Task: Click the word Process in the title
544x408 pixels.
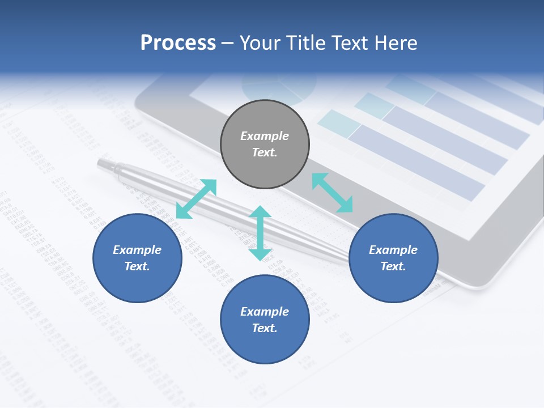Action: point(178,43)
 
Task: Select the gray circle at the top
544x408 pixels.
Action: point(265,144)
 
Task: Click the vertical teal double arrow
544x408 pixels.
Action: point(260,233)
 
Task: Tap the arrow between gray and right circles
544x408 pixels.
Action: point(333,193)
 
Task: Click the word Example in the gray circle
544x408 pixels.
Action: point(265,136)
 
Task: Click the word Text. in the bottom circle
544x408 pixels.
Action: point(265,328)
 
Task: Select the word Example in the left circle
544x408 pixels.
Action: point(137,250)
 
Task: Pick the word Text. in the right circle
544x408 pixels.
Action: point(393,266)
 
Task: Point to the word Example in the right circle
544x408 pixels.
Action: point(393,250)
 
